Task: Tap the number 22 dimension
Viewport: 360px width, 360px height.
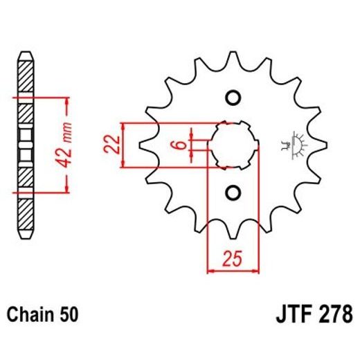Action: click(x=114, y=145)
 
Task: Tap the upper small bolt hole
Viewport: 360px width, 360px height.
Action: click(x=232, y=96)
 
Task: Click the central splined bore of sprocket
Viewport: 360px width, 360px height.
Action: click(x=232, y=144)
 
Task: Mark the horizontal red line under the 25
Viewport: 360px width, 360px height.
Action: click(x=233, y=271)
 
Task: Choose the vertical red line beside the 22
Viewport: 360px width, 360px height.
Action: click(x=123, y=145)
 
